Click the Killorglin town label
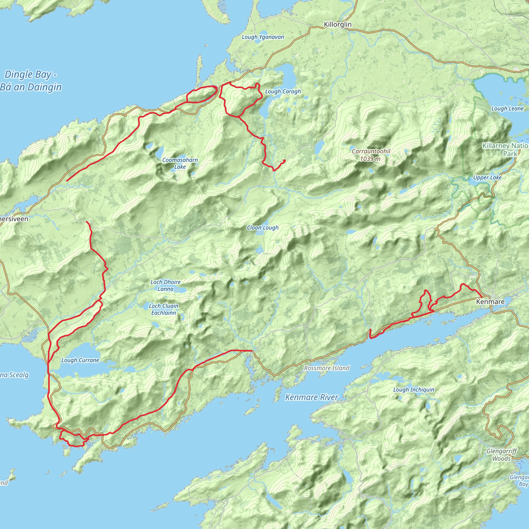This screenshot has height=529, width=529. point(337,24)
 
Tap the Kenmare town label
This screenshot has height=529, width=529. point(490,302)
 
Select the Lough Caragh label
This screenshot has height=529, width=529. point(283,91)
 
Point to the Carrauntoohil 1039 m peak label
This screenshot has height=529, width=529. point(371,155)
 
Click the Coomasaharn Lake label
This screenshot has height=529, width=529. point(180,163)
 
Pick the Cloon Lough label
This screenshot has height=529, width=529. point(263,228)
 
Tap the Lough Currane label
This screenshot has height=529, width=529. point(80,360)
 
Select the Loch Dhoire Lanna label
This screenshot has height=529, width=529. point(165,285)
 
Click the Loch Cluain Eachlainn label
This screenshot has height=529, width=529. point(164,309)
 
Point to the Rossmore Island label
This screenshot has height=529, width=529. point(327,368)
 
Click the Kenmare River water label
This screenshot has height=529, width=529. point(312,397)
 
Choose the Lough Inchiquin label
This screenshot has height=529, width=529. point(414,390)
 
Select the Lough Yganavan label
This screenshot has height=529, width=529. point(263,37)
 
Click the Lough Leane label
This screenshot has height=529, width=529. point(507,109)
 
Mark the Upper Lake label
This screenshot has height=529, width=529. point(487,178)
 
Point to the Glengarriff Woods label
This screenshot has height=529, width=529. point(501,455)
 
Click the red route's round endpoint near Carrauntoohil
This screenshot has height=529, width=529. point(284,160)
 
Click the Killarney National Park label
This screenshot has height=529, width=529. point(505,150)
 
